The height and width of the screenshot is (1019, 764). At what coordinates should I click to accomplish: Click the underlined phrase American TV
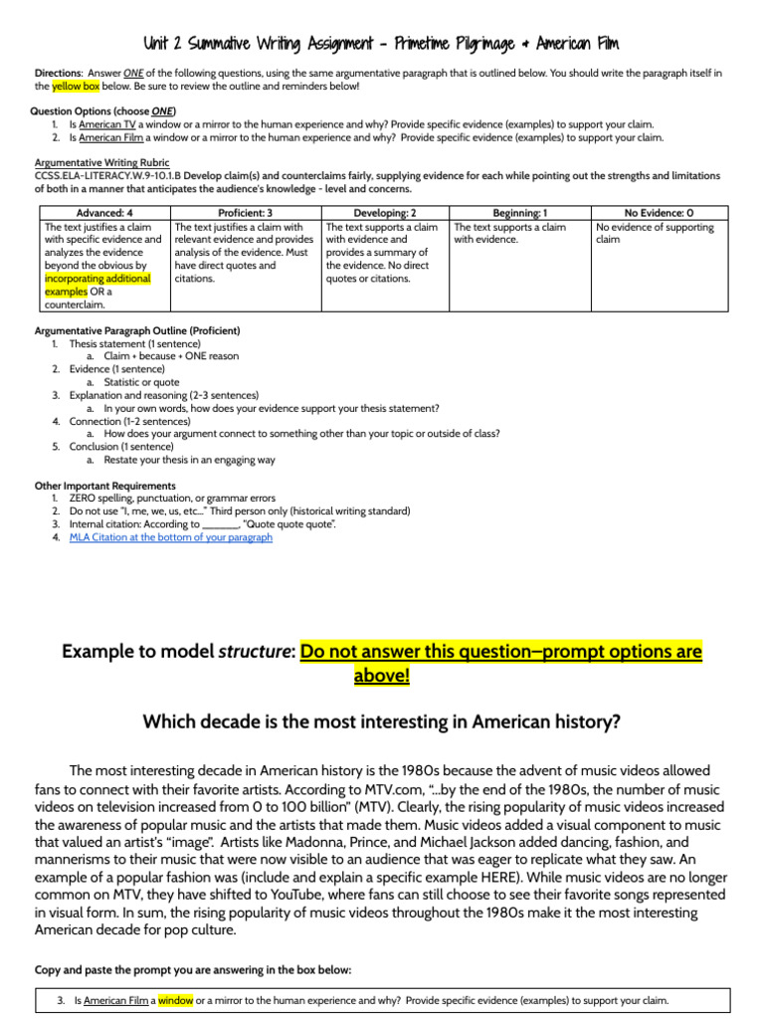coord(107,124)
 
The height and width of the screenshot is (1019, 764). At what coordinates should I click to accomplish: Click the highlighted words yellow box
coord(74,87)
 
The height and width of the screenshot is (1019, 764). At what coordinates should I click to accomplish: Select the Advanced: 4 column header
coord(104,213)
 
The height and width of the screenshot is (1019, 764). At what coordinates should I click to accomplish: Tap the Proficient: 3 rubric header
coord(245,213)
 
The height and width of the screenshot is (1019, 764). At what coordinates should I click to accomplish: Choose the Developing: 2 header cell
coord(385,213)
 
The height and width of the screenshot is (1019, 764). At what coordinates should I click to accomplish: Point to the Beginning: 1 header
coord(519,213)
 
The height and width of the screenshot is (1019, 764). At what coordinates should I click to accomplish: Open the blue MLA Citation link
coord(170,537)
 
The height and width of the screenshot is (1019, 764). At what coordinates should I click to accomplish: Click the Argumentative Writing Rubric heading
coord(101,162)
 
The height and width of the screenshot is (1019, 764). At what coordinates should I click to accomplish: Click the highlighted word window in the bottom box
coord(175,1000)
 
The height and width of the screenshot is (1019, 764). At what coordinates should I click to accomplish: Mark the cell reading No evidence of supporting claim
coord(655,234)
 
